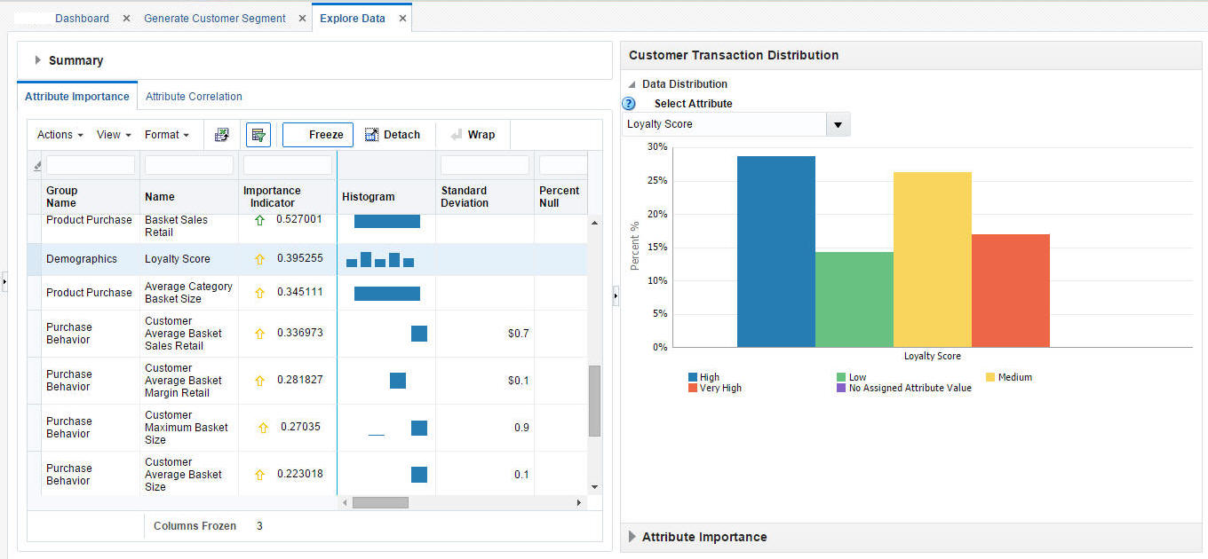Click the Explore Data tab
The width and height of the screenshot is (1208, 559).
(x=352, y=18)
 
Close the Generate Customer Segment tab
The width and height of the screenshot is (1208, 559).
(x=302, y=19)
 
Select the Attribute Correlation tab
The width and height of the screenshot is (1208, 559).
(x=194, y=97)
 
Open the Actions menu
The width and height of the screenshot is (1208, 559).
(x=60, y=135)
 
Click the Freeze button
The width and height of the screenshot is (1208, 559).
(x=318, y=135)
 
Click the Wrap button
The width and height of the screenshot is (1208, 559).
(x=473, y=135)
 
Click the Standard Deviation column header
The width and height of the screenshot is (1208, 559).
(x=465, y=197)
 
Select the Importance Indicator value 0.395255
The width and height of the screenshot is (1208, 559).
(x=299, y=259)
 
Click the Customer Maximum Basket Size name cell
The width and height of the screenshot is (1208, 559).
(x=186, y=428)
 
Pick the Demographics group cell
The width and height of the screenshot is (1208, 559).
(x=82, y=259)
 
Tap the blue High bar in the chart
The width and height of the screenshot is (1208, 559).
(x=775, y=252)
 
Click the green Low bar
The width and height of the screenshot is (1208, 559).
(x=854, y=300)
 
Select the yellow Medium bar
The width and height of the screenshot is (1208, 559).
(x=932, y=260)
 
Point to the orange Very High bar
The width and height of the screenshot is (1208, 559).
(x=1010, y=291)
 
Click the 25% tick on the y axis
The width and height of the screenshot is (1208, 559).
(x=658, y=181)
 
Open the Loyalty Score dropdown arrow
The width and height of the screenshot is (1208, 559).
(x=838, y=125)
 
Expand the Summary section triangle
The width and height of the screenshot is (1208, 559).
(x=38, y=60)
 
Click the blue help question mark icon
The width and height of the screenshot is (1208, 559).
(x=629, y=104)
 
